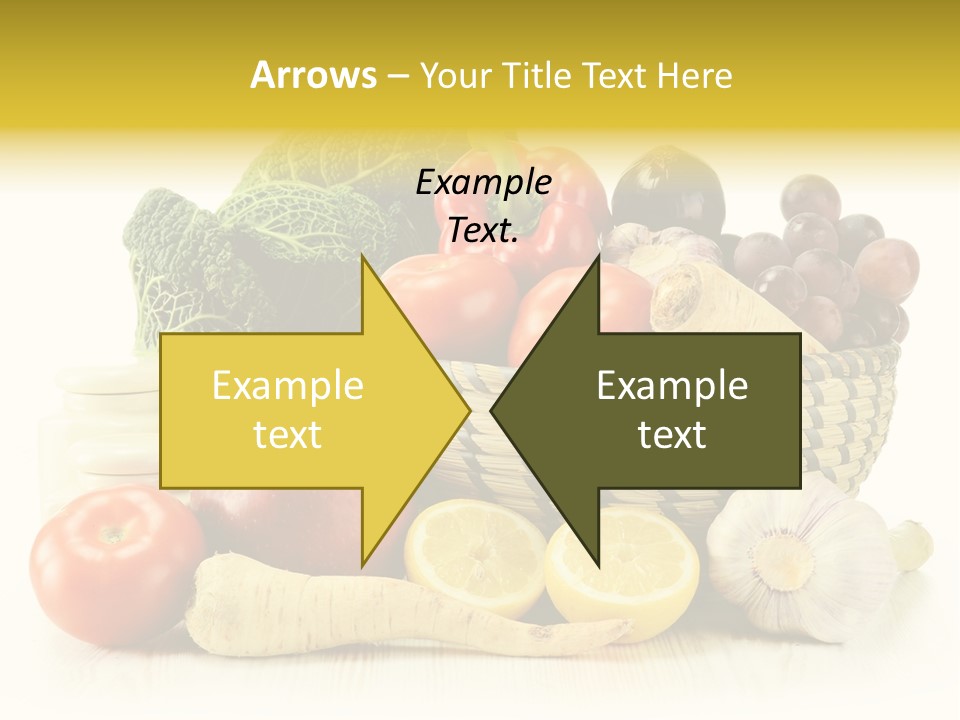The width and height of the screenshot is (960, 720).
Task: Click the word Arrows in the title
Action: point(313,75)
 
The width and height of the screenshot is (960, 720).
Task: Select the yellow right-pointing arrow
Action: point(300,410)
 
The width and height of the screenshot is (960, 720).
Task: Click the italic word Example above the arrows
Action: point(483,183)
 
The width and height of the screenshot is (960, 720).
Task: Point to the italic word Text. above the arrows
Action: point(483,231)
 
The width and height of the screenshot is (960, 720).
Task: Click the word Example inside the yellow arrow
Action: point(287,386)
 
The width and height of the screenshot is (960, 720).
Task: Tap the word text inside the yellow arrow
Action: point(287,435)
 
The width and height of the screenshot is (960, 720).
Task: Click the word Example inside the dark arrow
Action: point(672,386)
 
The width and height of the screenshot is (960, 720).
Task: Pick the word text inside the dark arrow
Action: point(672,435)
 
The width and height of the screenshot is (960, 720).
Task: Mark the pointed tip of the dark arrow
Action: point(494,410)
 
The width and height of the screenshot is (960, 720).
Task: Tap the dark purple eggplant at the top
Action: point(667,190)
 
